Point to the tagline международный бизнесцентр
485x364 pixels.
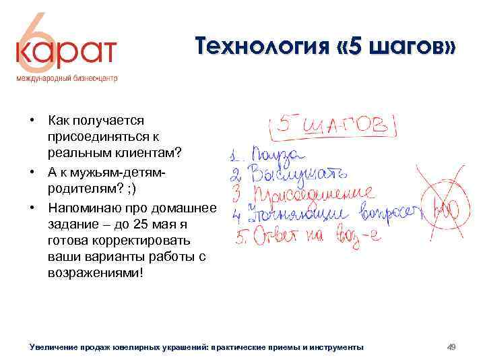67,78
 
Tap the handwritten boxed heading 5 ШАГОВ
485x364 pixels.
333,124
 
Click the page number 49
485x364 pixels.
452,346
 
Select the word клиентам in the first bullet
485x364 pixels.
154,152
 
